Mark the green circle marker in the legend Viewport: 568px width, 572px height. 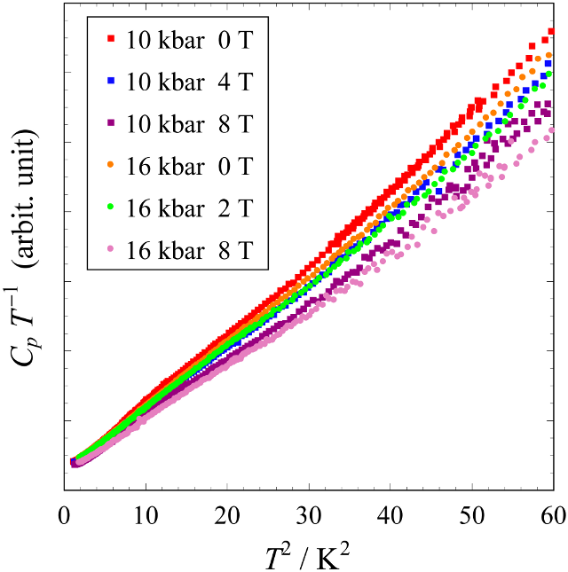(x=110, y=208)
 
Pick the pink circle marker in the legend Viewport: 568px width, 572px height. (x=110, y=251)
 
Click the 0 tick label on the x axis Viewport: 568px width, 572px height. (x=65, y=513)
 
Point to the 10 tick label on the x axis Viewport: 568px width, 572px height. (x=146, y=513)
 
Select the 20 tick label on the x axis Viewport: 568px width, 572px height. (x=228, y=513)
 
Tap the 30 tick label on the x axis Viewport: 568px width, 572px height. (x=310, y=513)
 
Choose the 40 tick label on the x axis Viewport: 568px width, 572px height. (x=391, y=513)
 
